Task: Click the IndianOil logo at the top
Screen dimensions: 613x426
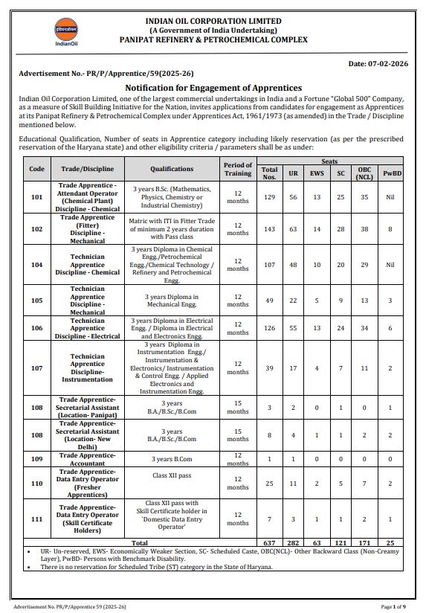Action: tap(65, 33)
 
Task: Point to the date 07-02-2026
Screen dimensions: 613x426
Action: tap(377, 64)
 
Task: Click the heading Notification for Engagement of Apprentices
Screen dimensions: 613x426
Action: tap(213, 88)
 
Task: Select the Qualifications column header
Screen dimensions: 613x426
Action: tap(172, 169)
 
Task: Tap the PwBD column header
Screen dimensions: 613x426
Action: tap(390, 173)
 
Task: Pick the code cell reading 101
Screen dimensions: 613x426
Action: tap(36, 198)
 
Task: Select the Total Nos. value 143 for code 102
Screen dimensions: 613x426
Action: tap(269, 230)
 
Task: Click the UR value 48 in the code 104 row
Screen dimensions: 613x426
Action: tap(294, 264)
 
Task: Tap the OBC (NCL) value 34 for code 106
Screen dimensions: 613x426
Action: tap(364, 327)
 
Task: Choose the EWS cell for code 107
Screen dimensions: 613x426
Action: tap(317, 368)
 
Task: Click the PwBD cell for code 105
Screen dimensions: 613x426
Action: tap(390, 301)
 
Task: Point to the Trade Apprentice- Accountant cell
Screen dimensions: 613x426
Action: tap(88, 459)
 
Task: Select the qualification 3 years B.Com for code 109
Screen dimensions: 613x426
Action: tap(172, 459)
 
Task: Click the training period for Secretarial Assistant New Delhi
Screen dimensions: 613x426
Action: tap(238, 435)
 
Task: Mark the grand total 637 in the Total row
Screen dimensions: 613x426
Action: tap(269, 544)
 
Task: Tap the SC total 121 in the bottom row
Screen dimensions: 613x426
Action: tap(341, 544)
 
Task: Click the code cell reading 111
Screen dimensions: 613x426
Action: tap(36, 519)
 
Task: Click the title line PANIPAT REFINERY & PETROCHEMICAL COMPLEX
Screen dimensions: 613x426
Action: tap(213, 39)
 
